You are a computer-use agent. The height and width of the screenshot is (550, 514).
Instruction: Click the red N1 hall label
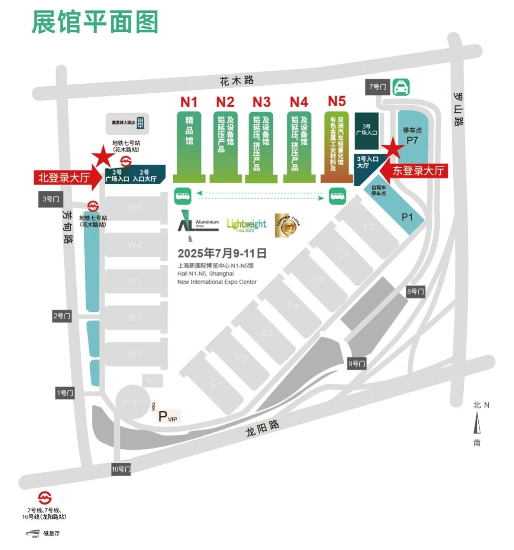(x=188, y=102)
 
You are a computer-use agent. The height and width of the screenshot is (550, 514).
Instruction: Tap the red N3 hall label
(x=261, y=102)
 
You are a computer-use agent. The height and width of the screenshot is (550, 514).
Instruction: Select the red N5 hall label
(x=336, y=101)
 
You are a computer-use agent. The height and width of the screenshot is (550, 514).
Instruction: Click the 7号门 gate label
(x=377, y=87)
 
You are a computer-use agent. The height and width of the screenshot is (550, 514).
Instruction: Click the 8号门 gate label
(x=415, y=291)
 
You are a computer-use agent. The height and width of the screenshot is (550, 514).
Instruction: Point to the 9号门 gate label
(x=356, y=364)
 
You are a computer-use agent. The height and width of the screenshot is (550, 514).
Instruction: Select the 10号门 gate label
(x=121, y=469)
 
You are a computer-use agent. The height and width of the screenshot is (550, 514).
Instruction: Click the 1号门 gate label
(x=65, y=393)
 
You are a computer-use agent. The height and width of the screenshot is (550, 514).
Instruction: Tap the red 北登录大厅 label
(x=64, y=178)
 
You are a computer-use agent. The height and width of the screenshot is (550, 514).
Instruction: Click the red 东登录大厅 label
(x=418, y=170)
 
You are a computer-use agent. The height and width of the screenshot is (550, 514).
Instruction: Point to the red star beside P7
(x=394, y=148)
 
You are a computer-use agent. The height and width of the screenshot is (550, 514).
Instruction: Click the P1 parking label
(x=407, y=217)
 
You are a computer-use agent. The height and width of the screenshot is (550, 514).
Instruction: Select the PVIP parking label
(x=168, y=417)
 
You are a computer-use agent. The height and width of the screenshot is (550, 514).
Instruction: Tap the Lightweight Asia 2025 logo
(x=247, y=224)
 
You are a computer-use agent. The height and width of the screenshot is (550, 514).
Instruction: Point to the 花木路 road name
(x=237, y=80)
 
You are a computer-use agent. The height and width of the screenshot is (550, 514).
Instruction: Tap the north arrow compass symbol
(x=477, y=423)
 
